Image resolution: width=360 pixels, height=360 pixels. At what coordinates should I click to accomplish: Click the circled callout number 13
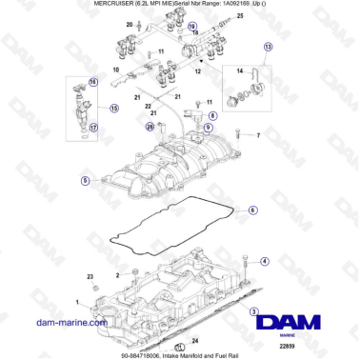pyautogui.click(x=269, y=47)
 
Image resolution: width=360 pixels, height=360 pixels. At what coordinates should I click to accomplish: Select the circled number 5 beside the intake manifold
pyautogui.click(x=85, y=180)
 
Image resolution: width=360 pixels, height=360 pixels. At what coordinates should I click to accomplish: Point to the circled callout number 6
pyautogui.click(x=252, y=211)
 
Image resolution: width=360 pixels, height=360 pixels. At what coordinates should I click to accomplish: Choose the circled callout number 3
pyautogui.click(x=254, y=312)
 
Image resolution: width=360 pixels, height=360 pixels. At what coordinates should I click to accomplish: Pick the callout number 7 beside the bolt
pyautogui.click(x=258, y=136)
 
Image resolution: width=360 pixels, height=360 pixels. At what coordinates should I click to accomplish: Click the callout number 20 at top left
pyautogui.click(x=129, y=21)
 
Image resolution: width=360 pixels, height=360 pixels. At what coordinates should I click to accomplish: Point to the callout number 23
pyautogui.click(x=91, y=275)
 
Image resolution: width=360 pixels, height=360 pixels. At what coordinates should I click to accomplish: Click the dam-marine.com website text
pyautogui.click(x=67, y=324)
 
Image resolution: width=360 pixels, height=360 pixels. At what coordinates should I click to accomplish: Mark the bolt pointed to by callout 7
pyautogui.click(x=237, y=136)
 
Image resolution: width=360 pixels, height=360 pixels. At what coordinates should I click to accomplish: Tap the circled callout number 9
pyautogui.click(x=209, y=126)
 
